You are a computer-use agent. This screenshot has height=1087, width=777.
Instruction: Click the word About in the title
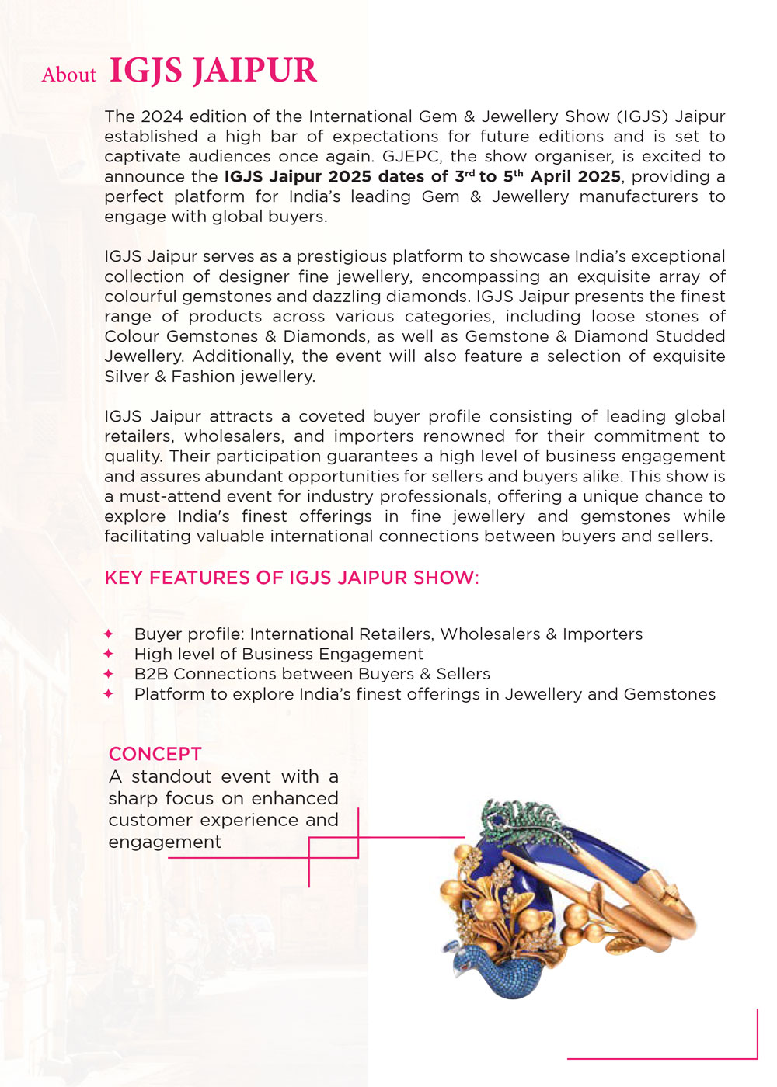point(69,75)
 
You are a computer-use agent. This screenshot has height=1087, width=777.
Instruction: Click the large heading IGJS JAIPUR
point(213,71)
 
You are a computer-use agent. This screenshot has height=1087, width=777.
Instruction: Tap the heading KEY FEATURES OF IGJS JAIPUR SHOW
point(291,578)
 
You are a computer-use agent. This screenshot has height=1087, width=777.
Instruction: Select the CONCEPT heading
point(155,754)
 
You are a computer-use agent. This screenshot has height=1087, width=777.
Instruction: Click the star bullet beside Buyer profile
point(109,634)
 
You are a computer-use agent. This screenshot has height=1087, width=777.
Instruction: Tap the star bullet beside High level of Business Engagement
point(109,654)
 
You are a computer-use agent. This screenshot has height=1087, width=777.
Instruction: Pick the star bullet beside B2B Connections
point(109,674)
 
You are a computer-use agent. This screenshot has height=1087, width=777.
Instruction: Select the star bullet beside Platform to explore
point(109,694)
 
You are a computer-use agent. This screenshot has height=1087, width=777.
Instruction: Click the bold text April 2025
point(575,176)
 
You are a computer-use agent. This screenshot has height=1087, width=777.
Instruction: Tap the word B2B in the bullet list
point(151,674)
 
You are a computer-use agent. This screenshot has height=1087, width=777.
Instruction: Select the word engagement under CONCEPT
point(165,842)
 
